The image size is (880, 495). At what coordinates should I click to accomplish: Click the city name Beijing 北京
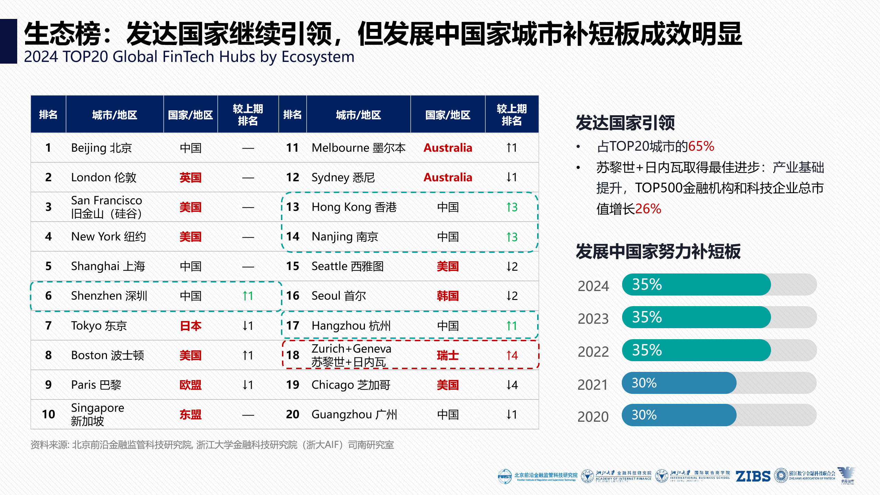point(101,148)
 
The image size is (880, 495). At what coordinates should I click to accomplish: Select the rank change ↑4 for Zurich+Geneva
point(512,355)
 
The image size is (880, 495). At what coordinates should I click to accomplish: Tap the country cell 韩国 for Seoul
point(447,296)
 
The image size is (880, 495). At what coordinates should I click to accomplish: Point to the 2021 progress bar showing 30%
point(679,383)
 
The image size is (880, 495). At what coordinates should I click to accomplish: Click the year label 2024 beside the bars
point(593,286)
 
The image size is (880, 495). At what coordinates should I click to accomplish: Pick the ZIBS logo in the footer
point(753,476)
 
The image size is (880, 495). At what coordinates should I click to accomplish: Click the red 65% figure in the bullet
point(701,147)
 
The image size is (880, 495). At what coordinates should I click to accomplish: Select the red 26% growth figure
point(648,209)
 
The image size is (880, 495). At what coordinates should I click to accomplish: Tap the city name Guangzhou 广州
point(354,415)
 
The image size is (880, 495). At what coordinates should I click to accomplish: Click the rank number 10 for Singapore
point(48,415)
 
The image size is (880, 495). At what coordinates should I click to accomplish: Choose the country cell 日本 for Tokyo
point(190,326)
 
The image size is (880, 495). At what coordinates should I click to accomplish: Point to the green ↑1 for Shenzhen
point(248,296)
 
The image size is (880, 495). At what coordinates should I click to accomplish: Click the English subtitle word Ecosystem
point(318,57)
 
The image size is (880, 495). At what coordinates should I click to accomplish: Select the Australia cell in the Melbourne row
point(448,148)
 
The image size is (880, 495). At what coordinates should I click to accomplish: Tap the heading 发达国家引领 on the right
point(625,123)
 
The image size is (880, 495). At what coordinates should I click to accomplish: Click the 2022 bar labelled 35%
point(696,350)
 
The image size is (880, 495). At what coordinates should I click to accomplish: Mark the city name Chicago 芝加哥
point(351,385)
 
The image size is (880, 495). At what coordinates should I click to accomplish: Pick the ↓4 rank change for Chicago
point(512,385)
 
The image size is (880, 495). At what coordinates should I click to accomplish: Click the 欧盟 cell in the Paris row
point(190,385)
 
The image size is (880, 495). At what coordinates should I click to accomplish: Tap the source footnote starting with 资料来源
point(212,445)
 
